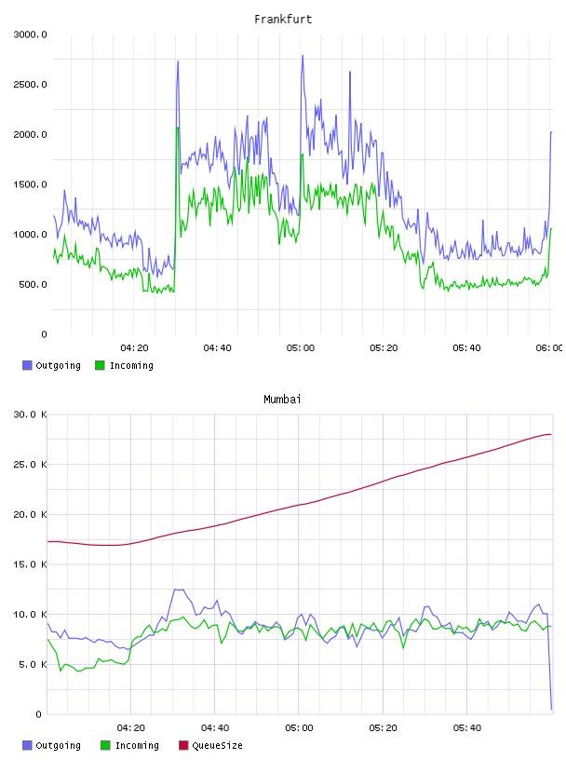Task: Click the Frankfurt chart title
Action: pyautogui.click(x=283, y=20)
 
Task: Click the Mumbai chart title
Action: pyautogui.click(x=282, y=400)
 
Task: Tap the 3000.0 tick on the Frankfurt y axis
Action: pyautogui.click(x=30, y=34)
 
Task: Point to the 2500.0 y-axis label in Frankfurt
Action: pyautogui.click(x=30, y=85)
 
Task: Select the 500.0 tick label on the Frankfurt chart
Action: pyautogui.click(x=33, y=284)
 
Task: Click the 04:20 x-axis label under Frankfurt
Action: pyautogui.click(x=134, y=348)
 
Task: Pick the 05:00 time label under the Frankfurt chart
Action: pyautogui.click(x=301, y=348)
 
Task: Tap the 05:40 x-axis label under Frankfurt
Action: pyautogui.click(x=466, y=348)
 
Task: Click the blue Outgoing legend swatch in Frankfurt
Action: pyautogui.click(x=27, y=365)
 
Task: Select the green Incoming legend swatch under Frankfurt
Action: pyautogui.click(x=100, y=365)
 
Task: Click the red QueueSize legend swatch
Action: pyautogui.click(x=183, y=745)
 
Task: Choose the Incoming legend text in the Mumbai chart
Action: pyautogui.click(x=137, y=745)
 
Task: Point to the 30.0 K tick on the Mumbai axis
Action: pyautogui.click(x=30, y=414)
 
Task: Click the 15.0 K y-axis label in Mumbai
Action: pyautogui.click(x=30, y=564)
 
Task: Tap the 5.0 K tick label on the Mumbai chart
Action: pyautogui.click(x=33, y=664)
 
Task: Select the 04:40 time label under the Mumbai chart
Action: pyautogui.click(x=215, y=728)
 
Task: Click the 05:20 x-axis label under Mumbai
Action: pyautogui.click(x=383, y=728)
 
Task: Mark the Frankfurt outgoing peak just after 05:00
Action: pyautogui.click(x=303, y=55)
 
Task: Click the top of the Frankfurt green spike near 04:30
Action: pyautogui.click(x=178, y=128)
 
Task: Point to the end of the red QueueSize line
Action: pyautogui.click(x=551, y=434)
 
